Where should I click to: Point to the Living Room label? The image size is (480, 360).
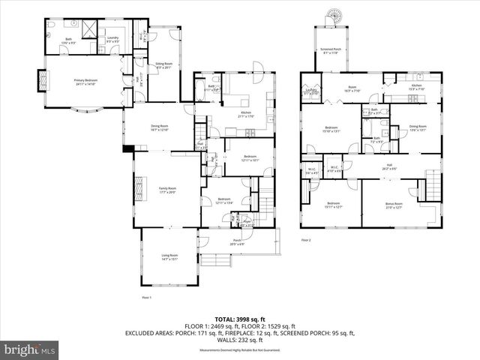(x=169, y=259)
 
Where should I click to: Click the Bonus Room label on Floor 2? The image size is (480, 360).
(x=394, y=205)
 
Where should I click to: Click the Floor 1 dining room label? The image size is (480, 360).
(x=158, y=127)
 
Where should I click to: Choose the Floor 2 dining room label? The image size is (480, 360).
(x=417, y=127)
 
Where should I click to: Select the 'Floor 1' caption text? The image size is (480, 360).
(x=147, y=298)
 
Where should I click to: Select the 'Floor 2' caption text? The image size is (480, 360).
(x=306, y=240)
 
